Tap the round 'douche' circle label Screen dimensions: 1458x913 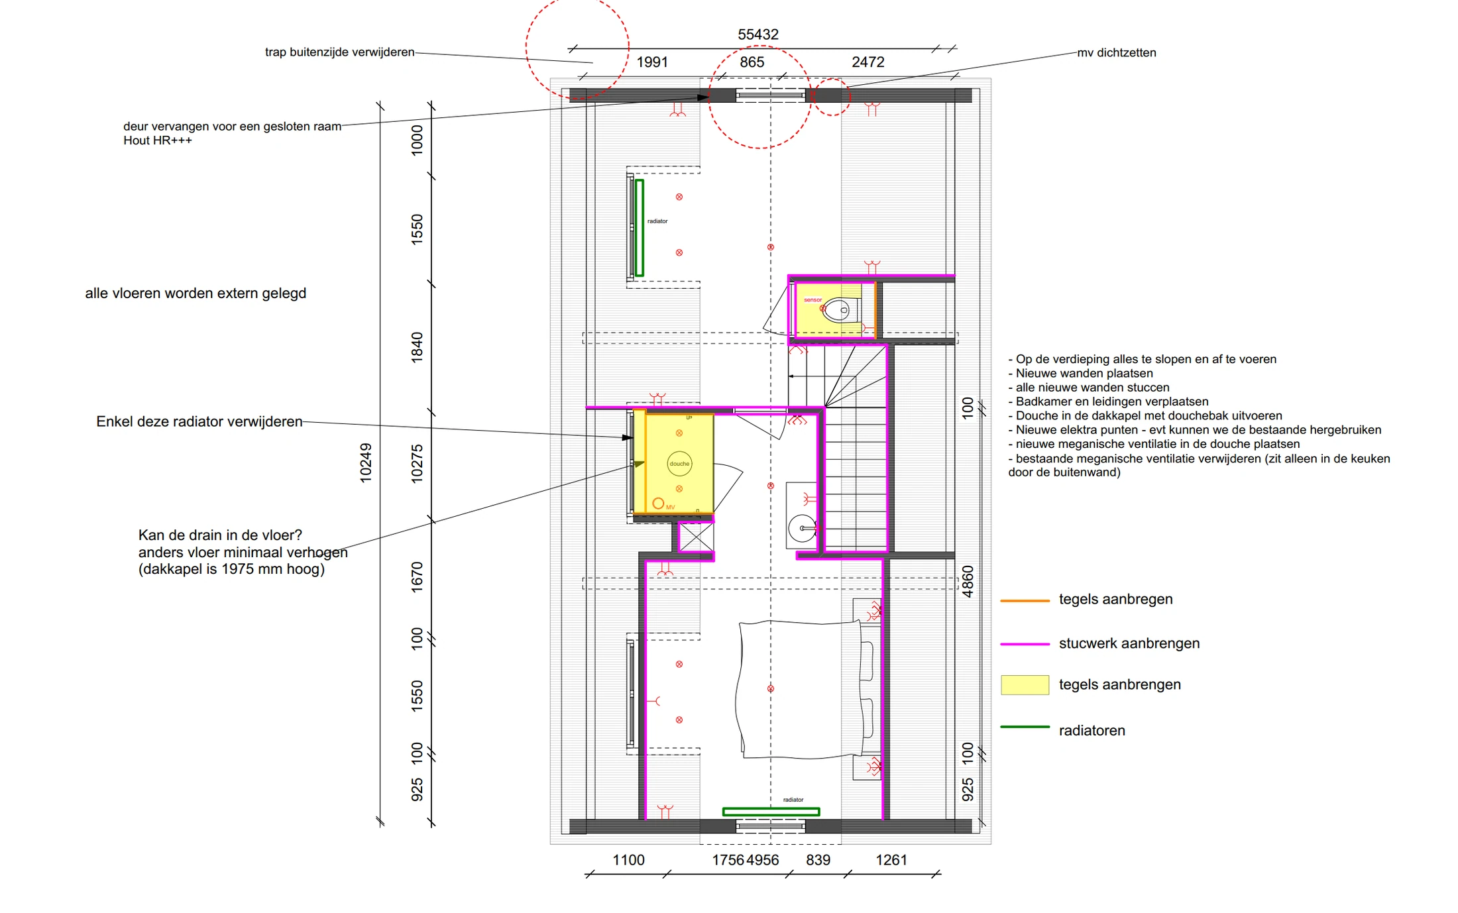pos(679,464)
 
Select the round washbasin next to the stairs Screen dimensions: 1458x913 pos(802,528)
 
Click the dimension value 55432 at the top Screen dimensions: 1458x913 pos(758,34)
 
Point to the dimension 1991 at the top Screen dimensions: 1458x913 pos(652,62)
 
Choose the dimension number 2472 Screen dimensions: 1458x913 pos(868,62)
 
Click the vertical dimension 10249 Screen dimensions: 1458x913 pos(365,463)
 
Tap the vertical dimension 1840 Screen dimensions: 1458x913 pos(417,347)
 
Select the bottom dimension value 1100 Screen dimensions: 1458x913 pos(628,860)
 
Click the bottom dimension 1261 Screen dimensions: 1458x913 pos(891,860)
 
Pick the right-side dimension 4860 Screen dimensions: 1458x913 pos(968,582)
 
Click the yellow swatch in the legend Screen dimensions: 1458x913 pos(1025,685)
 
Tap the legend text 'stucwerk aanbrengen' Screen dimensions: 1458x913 pos(1129,643)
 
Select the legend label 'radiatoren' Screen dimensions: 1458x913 pos(1092,731)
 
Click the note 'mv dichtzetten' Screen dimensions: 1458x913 pos(1117,53)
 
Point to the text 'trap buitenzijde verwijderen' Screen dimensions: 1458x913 pos(339,52)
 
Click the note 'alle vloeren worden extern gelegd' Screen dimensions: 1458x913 pos(196,294)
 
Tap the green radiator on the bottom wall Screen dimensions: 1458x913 pos(771,812)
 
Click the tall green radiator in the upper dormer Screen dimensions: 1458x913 pos(640,228)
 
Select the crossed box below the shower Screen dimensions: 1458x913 pos(696,537)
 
